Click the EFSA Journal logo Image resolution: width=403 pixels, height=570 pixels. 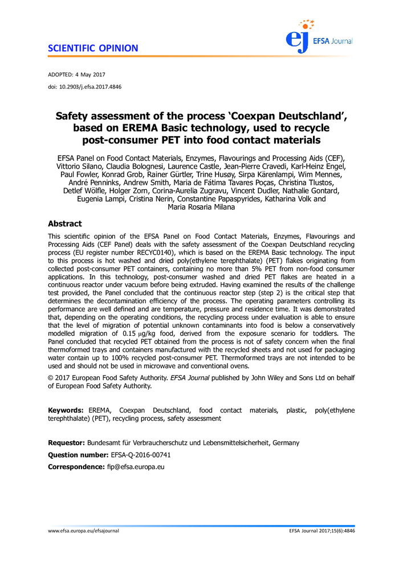319,35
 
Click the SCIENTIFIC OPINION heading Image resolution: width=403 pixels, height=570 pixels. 93,48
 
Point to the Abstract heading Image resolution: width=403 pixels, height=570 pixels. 64,224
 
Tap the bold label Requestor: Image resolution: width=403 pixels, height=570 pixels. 67,443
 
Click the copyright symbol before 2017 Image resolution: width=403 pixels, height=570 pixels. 51,377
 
